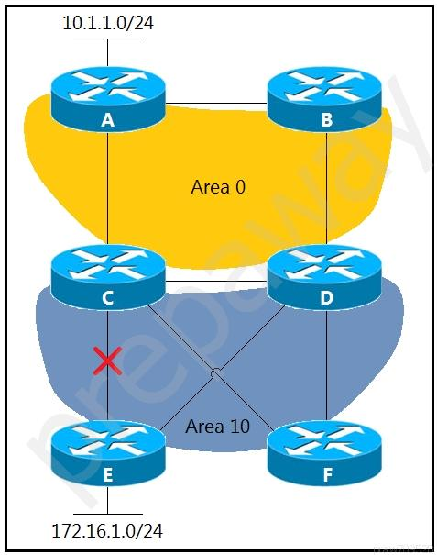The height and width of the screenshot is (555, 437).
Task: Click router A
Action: pyautogui.click(x=108, y=99)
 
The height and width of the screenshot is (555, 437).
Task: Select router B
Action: pyautogui.click(x=324, y=99)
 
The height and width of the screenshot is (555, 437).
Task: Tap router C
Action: pyautogui.click(x=108, y=277)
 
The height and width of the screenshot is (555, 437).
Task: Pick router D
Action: pyautogui.click(x=324, y=277)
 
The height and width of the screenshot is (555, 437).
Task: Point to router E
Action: pyautogui.click(x=108, y=454)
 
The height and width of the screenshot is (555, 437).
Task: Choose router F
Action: pyautogui.click(x=324, y=454)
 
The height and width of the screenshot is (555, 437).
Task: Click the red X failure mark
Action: pyautogui.click(x=107, y=361)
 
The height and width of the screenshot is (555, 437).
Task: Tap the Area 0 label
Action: pyautogui.click(x=218, y=186)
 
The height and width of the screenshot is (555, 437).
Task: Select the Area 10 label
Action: pyautogui.click(x=217, y=427)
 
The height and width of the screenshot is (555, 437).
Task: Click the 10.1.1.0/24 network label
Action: pyautogui.click(x=108, y=23)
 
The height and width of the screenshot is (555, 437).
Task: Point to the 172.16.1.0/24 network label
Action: pyautogui.click(x=107, y=531)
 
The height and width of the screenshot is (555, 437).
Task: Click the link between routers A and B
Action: pyautogui.click(x=216, y=104)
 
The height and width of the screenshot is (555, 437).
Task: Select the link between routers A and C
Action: pyautogui.click(x=107, y=188)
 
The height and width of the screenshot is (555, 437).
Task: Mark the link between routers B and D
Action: pyautogui.click(x=326, y=188)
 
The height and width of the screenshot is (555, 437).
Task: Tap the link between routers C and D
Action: pyautogui.click(x=216, y=282)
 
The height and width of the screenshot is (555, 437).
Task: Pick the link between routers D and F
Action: pyautogui.click(x=326, y=365)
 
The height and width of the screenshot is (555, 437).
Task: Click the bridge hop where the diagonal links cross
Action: pyautogui.click(x=215, y=372)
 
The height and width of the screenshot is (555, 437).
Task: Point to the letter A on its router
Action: pyautogui.click(x=108, y=120)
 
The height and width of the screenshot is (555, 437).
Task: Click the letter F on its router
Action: pyautogui.click(x=327, y=474)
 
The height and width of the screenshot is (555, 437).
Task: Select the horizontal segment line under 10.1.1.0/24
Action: pyautogui.click(x=108, y=39)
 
